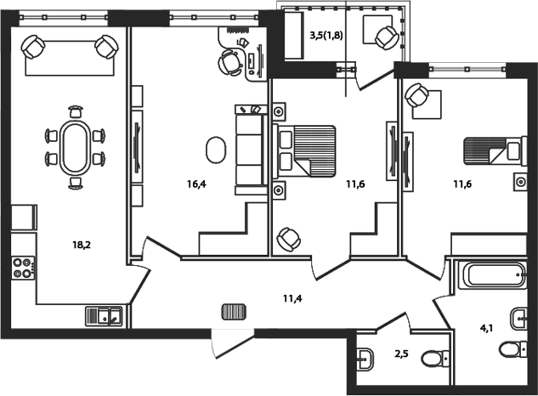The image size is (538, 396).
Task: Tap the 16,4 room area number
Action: [x=196, y=182]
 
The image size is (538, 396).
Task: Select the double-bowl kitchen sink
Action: [x=105, y=316]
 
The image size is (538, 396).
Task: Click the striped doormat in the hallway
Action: [x=233, y=311]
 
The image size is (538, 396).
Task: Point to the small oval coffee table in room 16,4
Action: [x=216, y=150]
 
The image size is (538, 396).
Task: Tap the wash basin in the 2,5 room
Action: [x=366, y=359]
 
